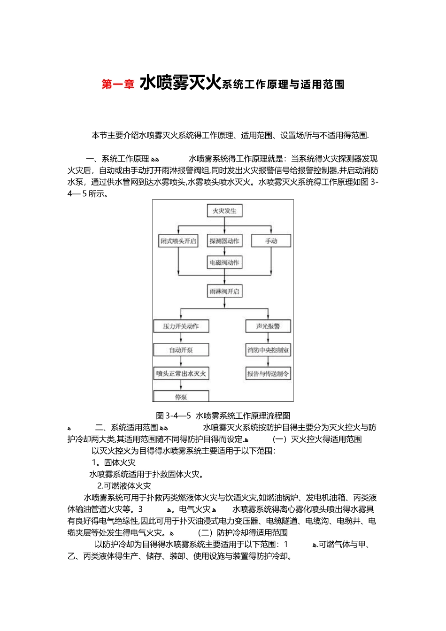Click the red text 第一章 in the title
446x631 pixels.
pos(118,84)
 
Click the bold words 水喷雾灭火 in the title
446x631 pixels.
pos(180,83)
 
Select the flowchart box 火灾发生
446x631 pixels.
pos(224,211)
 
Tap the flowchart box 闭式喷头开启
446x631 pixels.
pos(178,241)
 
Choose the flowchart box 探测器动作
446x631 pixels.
pos(224,241)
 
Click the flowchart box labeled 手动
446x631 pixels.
pos(271,241)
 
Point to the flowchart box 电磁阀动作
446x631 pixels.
pos(224,262)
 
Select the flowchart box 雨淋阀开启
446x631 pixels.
pos(224,291)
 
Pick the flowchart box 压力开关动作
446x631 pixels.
pos(181,326)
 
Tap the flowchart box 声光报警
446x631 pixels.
pos(268,326)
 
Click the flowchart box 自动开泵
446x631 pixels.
pos(181,350)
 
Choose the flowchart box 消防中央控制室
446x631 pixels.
pos(268,350)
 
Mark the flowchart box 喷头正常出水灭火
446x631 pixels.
pos(181,374)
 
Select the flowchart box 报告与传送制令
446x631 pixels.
pos(268,374)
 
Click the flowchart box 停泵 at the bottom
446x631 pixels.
pos(181,397)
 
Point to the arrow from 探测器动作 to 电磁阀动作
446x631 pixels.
pos(224,251)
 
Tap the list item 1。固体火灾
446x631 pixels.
pos(114,462)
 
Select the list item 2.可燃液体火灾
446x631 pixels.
pos(124,486)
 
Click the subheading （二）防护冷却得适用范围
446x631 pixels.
pos(243,533)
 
